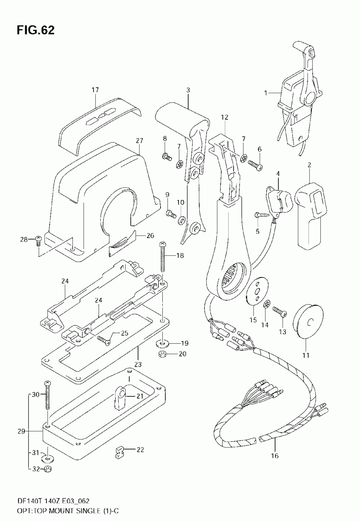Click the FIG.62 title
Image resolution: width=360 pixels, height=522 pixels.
pyautogui.click(x=36, y=30)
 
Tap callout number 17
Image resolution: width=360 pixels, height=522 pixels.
pyautogui.click(x=95, y=90)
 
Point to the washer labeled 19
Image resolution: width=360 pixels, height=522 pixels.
pyautogui.click(x=162, y=343)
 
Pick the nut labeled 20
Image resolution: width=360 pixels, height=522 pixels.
pyautogui.click(x=162, y=354)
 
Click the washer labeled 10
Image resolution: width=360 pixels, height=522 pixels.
pyautogui.click(x=181, y=220)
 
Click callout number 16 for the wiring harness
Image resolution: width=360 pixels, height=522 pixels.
pyautogui.click(x=275, y=455)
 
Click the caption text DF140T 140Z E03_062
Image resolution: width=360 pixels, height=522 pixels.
pyautogui.click(x=53, y=500)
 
